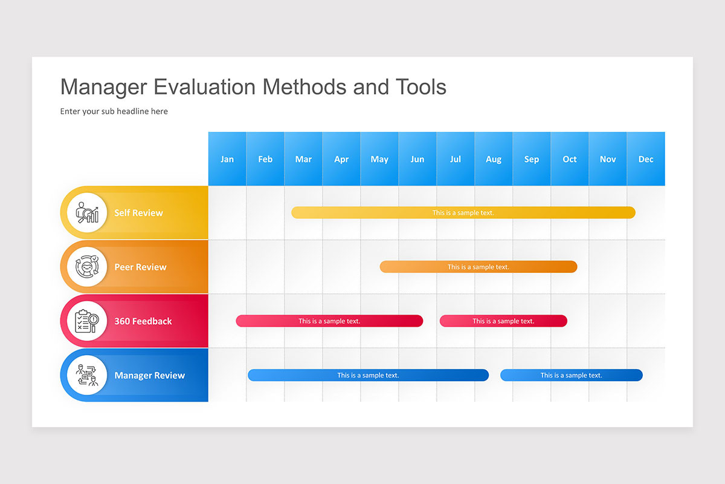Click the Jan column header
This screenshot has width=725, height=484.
coord(227,159)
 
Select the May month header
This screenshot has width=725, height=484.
coord(379,159)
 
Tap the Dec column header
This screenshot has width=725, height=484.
coord(646,159)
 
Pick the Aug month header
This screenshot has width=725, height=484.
coord(494,159)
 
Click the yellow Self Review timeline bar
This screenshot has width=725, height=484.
coord(463,212)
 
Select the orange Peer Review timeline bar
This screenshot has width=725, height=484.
coord(478,267)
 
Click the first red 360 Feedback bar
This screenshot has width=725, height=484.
coord(329,321)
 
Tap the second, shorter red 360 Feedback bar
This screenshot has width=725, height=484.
coord(503,321)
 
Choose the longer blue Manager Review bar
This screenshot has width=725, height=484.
coord(368,375)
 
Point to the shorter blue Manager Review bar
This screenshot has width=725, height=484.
coord(571,375)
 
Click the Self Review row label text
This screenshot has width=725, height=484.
coord(138,213)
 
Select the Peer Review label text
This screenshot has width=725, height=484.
coord(140,267)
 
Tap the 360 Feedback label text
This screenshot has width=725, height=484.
coord(143,321)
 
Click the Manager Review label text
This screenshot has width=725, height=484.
coord(149,375)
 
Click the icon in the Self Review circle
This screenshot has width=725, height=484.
coord(87,212)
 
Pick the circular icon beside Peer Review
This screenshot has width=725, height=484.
coord(87,267)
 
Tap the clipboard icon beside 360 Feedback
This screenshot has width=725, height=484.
coord(87,321)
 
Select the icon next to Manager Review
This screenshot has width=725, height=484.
coord(87,375)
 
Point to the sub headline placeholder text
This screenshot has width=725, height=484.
coord(114,111)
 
